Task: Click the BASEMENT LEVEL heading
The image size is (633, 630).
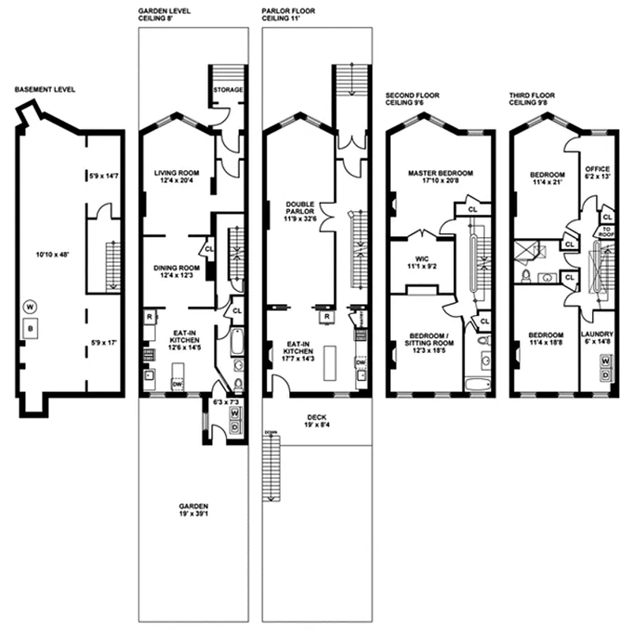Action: pos(45,91)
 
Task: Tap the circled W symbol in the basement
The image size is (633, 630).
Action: pos(29,306)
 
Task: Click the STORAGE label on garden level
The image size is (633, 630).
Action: pos(227,90)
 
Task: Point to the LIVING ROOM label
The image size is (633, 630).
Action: pos(176,177)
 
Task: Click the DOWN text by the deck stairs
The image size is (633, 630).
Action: pos(270,432)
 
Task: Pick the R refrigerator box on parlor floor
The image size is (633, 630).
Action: pos(326,317)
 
